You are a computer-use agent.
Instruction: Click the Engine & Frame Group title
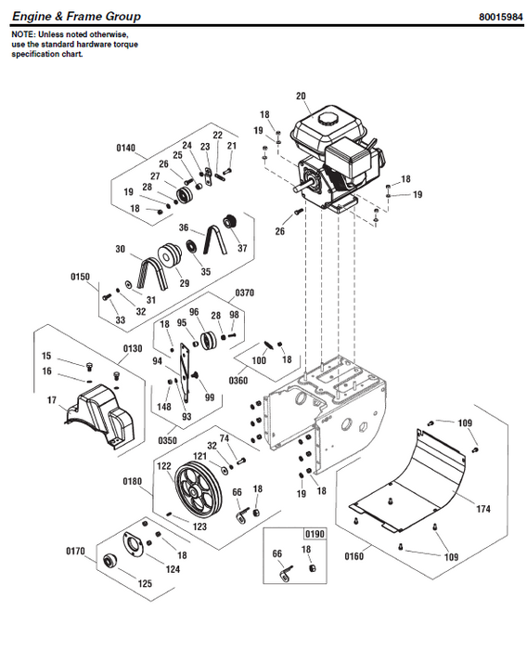click(x=76, y=16)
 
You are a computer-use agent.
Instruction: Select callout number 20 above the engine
click(x=301, y=96)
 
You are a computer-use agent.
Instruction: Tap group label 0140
click(x=126, y=147)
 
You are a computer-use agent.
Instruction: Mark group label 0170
click(x=76, y=551)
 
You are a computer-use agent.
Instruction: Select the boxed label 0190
click(x=316, y=536)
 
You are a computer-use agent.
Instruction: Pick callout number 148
click(x=163, y=405)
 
